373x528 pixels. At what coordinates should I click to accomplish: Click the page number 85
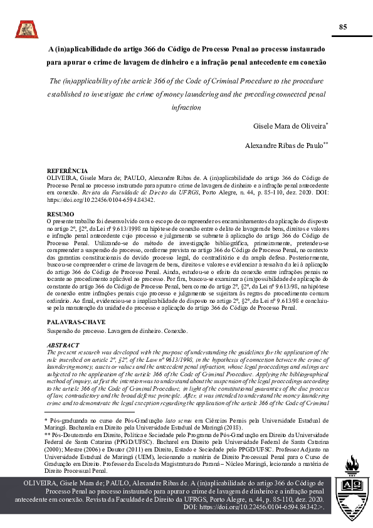pyautogui.click(x=342, y=27)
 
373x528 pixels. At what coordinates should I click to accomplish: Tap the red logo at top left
pyautogui.click(x=27, y=28)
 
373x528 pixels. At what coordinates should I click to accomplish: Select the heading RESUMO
pyautogui.click(x=60, y=214)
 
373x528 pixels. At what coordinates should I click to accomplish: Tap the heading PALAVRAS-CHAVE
pyautogui.click(x=72, y=322)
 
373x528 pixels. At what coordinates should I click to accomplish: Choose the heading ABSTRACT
pyautogui.click(x=63, y=346)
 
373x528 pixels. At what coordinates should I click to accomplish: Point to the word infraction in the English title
pyautogui.click(x=186, y=108)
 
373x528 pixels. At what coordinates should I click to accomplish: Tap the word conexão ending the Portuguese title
pyautogui.click(x=312, y=63)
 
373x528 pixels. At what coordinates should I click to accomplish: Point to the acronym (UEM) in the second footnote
pyautogui.click(x=139, y=456)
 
